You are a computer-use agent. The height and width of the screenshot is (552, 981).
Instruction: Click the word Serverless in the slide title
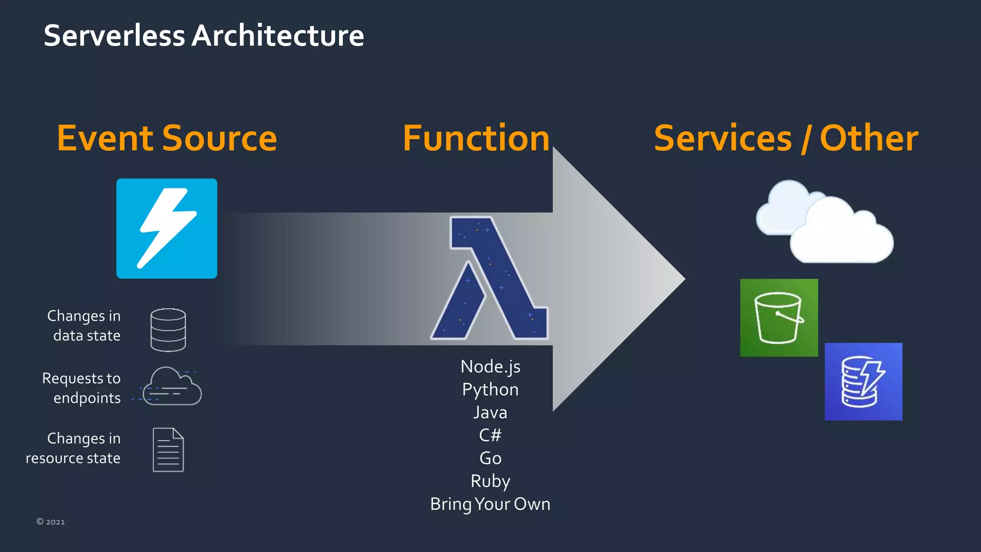coord(114,36)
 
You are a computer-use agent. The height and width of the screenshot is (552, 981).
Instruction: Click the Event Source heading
coord(167,138)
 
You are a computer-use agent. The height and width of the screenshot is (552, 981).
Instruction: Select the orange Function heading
coord(476,138)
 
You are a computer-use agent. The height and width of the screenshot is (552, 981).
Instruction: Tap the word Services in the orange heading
coord(722,138)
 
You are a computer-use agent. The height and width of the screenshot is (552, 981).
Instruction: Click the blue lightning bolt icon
coord(167,229)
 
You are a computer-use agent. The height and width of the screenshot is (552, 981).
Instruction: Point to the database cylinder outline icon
coord(168,330)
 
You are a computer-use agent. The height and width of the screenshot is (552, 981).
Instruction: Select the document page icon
coord(168,449)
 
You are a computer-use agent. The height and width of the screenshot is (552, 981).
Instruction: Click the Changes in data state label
coord(84,325)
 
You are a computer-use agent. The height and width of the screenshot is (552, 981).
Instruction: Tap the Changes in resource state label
coord(73,448)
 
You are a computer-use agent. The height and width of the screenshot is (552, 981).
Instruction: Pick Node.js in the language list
coord(490,367)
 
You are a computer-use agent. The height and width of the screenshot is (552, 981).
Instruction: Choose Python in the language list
coord(490,390)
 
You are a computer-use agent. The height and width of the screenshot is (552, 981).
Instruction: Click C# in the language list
coord(490,435)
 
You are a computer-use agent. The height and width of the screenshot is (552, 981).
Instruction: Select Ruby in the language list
coord(490,481)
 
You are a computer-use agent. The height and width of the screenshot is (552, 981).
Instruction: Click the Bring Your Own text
coord(490,504)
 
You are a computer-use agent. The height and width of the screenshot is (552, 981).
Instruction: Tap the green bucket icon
coord(779,318)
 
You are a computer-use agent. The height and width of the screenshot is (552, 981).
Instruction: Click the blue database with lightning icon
coord(863,381)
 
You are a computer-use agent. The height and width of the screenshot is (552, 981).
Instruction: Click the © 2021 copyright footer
coord(51,522)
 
